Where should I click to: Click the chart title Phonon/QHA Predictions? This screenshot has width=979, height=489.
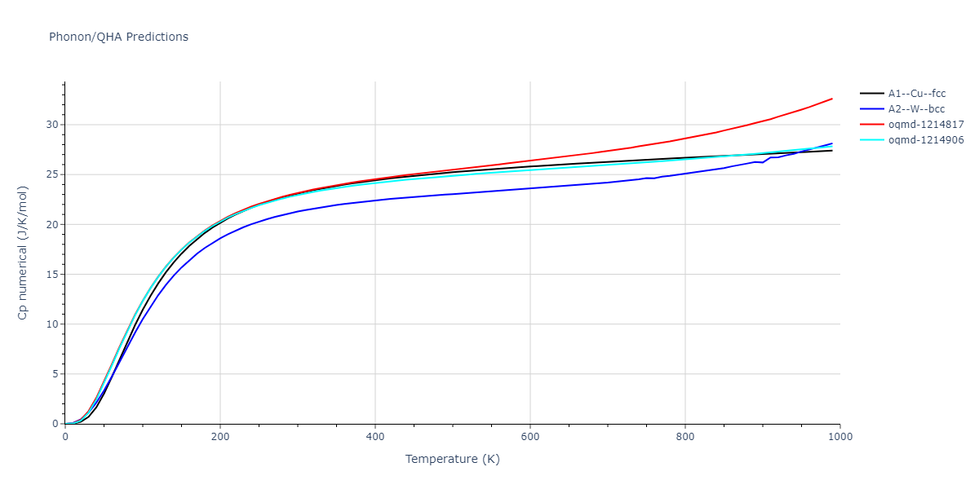118,37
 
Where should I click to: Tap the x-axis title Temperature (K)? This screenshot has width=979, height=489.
453,459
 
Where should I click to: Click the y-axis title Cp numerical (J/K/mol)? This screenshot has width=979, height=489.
23,253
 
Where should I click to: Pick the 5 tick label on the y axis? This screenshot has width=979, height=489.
55,374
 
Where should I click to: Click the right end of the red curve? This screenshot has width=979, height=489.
831,99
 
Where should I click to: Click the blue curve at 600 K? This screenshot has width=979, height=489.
530,188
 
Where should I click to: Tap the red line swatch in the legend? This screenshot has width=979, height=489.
872,125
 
